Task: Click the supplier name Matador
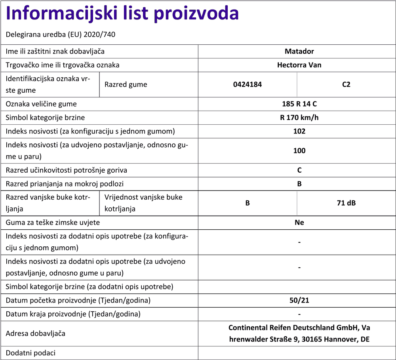click(x=299, y=51)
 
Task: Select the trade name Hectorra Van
click(x=299, y=65)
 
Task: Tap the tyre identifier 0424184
click(x=247, y=84)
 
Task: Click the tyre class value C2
click(x=346, y=84)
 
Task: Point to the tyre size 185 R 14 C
click(x=299, y=104)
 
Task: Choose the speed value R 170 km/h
click(x=299, y=118)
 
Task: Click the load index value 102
click(x=299, y=131)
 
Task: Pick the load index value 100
click(x=299, y=150)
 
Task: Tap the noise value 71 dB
click(x=346, y=203)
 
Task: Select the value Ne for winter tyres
click(x=299, y=222)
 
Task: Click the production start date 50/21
click(x=299, y=300)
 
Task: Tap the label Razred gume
click(x=126, y=84)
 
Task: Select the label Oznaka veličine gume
click(x=41, y=104)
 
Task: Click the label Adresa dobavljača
click(x=36, y=333)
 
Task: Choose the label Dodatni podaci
click(x=30, y=353)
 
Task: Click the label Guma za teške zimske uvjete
click(x=53, y=222)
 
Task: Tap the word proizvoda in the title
click(x=196, y=14)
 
